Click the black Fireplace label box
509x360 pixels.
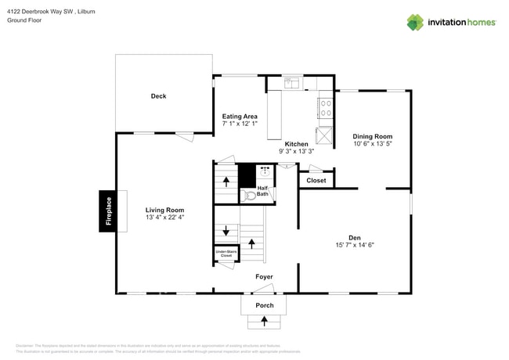(109, 211)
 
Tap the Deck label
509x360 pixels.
(158, 96)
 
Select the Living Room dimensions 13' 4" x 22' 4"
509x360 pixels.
(164, 219)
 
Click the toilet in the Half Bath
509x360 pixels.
(250, 196)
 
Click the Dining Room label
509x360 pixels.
(373, 136)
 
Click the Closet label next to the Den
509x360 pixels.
(316, 181)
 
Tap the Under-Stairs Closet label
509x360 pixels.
(226, 254)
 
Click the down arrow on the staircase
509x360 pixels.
(226, 231)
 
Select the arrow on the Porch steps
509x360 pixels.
(264, 321)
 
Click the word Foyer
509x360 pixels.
(265, 277)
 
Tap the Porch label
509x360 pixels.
(264, 305)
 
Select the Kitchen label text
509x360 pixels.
(296, 144)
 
